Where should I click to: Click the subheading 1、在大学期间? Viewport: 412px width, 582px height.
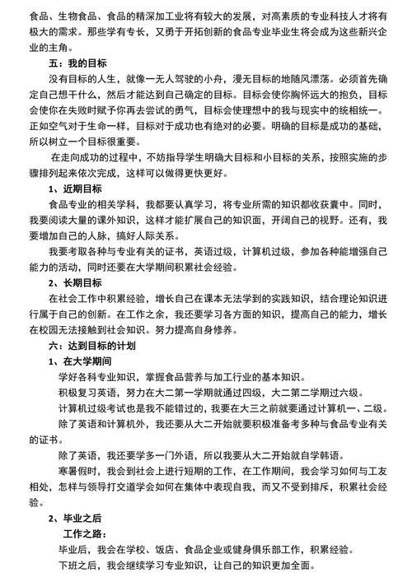click(x=82, y=361)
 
